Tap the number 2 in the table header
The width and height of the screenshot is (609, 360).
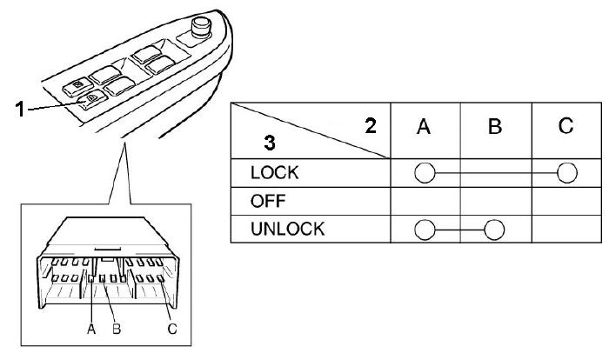coord(370,127)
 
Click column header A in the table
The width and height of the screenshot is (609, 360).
coord(425,128)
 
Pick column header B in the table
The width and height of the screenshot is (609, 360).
coord(495,128)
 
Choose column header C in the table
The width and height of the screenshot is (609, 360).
coord(565,127)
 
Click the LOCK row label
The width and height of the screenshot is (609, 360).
coord(274,172)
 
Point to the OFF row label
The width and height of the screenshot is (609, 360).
coord(269,201)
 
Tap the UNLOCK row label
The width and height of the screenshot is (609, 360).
coord(286,230)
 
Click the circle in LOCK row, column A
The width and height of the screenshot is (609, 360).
coord(425,172)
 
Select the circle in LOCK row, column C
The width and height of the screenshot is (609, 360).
coord(566,172)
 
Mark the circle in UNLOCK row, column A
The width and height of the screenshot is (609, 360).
coord(425,230)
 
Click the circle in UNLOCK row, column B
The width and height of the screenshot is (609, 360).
coord(495,230)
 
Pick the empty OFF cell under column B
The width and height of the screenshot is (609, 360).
coord(495,201)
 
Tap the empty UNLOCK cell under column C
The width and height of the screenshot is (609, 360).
coord(565,230)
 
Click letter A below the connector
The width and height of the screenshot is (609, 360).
coord(91,329)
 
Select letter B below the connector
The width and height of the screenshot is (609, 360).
coord(116,329)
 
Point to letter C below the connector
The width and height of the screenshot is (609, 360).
coord(171,329)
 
